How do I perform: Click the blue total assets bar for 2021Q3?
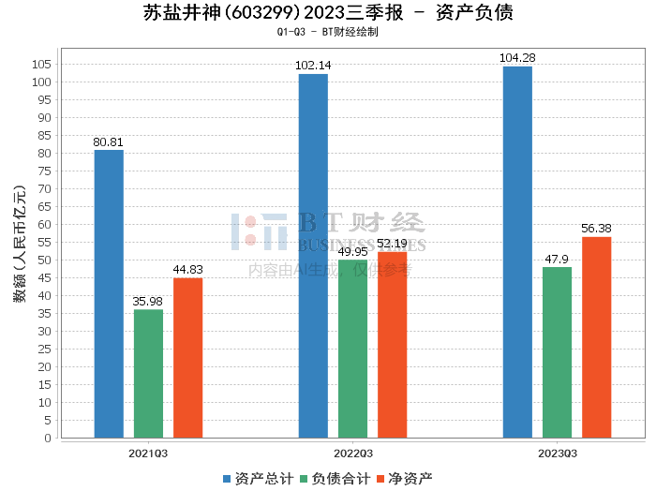tap(109, 293)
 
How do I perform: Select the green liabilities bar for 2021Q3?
tap(148, 373)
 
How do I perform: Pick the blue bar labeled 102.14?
tap(313, 256)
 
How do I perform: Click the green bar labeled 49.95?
tap(352, 349)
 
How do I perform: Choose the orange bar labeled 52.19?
tap(392, 344)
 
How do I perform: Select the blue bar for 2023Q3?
tap(517, 252)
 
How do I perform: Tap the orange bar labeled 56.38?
tap(596, 337)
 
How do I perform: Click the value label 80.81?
tap(109, 142)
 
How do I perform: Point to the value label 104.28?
tap(517, 58)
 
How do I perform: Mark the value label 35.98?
tap(148, 302)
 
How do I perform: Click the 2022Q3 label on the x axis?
tap(352, 453)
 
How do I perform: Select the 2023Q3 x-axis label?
tap(557, 453)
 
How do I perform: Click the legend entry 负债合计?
tap(335, 478)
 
